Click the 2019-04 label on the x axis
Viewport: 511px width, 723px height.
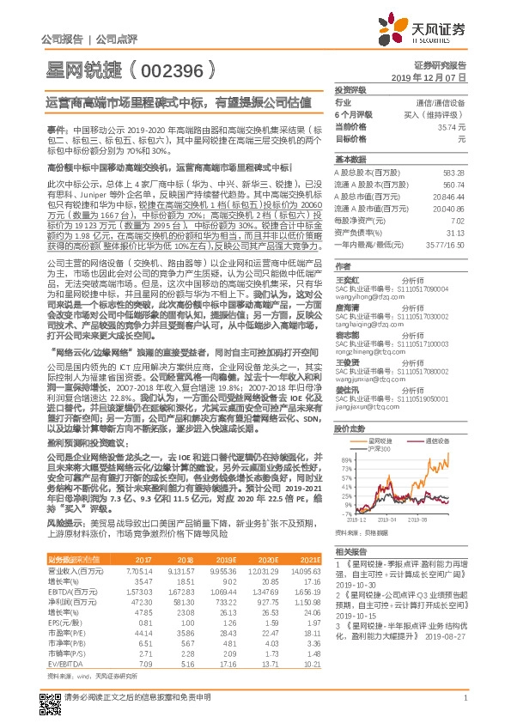pos(388,519)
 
